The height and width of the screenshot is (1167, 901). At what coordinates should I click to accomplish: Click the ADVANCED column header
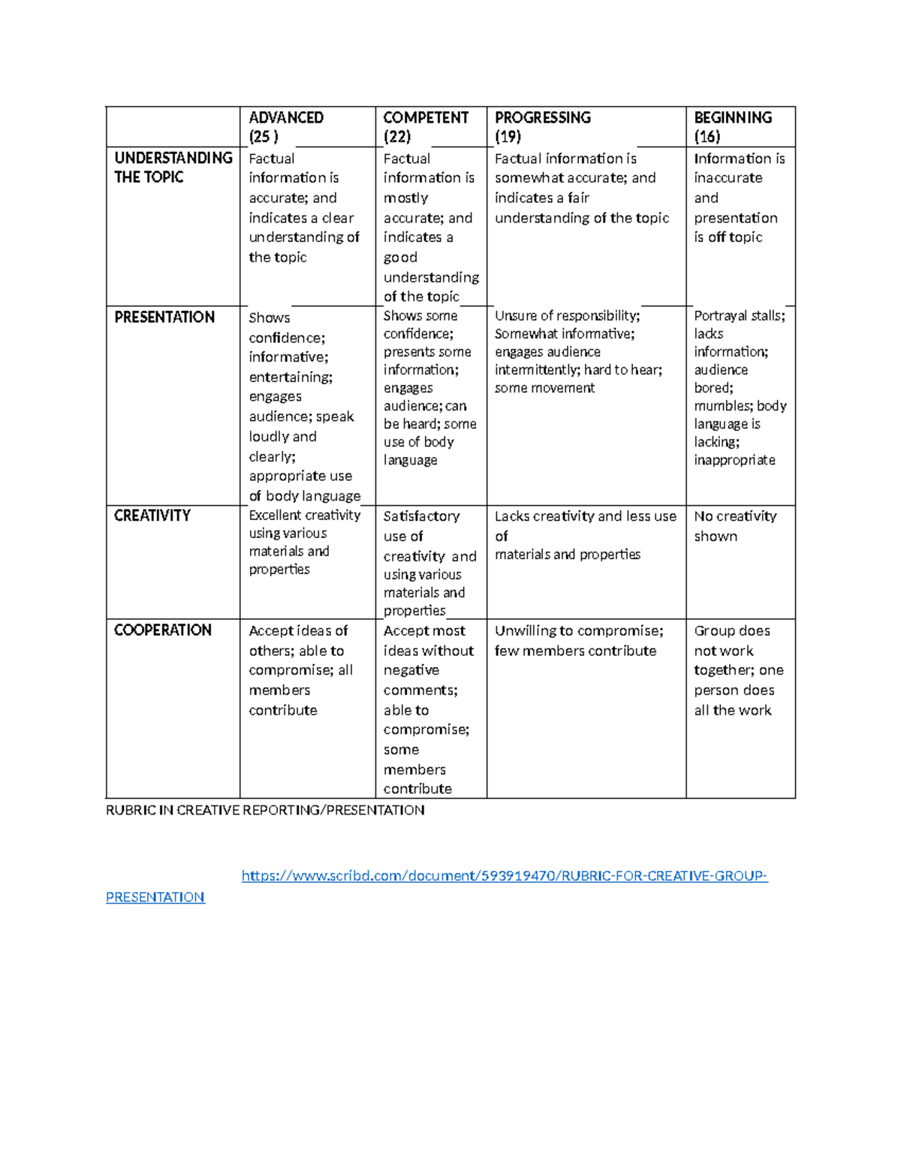(x=286, y=118)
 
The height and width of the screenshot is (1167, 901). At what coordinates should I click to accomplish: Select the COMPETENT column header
(x=426, y=118)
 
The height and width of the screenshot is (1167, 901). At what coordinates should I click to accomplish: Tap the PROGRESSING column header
(x=543, y=118)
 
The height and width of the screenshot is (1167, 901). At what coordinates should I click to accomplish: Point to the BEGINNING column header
(x=733, y=118)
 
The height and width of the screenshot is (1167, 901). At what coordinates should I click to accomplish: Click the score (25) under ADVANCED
(x=264, y=137)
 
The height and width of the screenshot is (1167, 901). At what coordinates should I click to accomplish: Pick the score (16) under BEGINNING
(x=707, y=137)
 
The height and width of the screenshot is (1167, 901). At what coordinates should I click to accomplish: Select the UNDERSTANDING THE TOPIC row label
(x=173, y=168)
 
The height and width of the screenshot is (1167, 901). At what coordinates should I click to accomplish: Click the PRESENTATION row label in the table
(x=164, y=318)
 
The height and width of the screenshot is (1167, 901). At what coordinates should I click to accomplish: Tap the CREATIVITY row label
(x=152, y=516)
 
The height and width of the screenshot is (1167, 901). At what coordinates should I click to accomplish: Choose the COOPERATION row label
(x=163, y=630)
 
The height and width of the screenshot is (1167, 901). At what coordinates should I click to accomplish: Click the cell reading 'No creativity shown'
(x=735, y=526)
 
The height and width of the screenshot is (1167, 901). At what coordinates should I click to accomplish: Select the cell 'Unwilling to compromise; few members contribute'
(x=579, y=641)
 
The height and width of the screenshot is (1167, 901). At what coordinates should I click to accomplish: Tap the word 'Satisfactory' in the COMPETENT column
(x=421, y=517)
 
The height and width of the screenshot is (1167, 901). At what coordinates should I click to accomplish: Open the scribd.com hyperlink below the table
(x=505, y=876)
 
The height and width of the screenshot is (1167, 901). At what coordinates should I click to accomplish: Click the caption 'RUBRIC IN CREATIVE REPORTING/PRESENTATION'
(x=265, y=811)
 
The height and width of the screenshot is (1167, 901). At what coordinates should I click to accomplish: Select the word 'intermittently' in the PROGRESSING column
(x=536, y=370)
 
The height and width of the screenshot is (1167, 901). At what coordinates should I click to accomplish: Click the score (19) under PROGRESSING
(x=508, y=137)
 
